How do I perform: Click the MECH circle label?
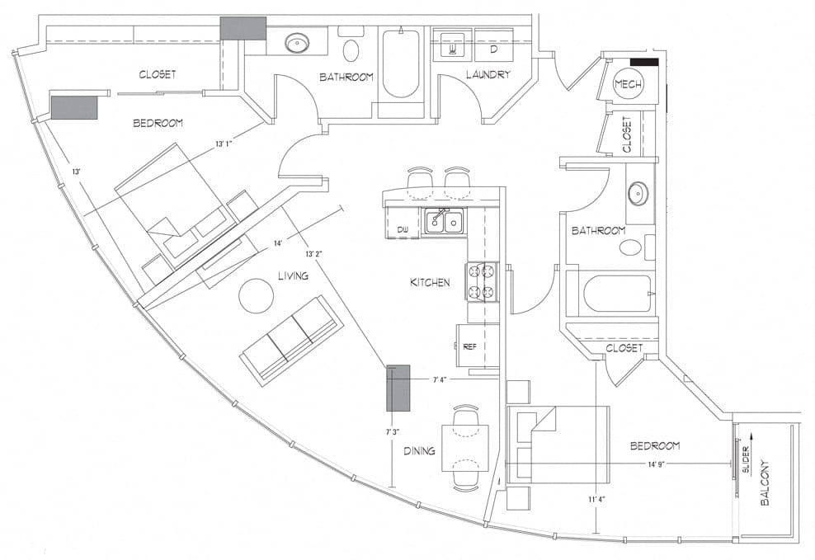(628, 84)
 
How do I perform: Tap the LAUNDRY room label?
(488, 75)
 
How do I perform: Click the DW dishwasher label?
(403, 229)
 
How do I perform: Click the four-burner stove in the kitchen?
(482, 281)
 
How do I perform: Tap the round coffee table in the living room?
(256, 295)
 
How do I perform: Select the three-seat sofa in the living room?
(291, 341)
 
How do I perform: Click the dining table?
(465, 448)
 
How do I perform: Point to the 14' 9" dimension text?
(657, 464)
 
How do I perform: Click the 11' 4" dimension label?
(596, 500)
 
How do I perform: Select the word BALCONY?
(765, 482)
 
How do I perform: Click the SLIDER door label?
(746, 459)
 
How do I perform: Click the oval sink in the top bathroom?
(297, 43)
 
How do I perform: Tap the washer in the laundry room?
(452, 45)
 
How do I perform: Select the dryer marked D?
(494, 45)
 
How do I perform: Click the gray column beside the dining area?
(398, 388)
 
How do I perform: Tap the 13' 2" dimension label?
(314, 254)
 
